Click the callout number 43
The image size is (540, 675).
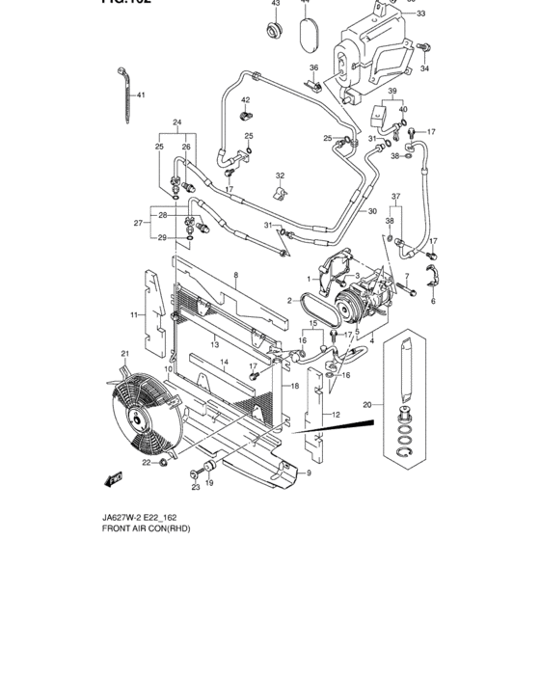click(276, 4)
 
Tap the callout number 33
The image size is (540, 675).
click(420, 15)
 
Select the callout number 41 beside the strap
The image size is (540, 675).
click(140, 94)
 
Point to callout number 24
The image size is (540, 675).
click(177, 122)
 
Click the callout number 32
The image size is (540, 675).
click(281, 175)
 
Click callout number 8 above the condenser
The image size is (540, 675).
click(234, 276)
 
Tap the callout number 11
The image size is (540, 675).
click(135, 315)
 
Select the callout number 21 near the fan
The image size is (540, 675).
click(124, 355)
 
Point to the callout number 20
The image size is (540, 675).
click(366, 405)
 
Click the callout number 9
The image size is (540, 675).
click(310, 473)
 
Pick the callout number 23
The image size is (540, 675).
click(195, 487)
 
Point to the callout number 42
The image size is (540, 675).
click(245, 100)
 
